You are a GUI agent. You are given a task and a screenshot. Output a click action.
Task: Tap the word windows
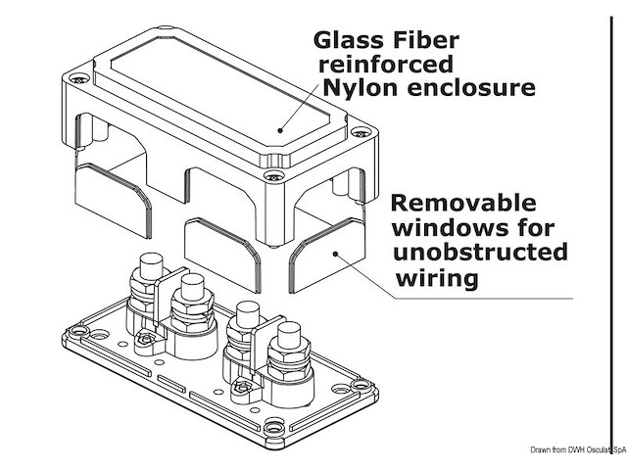click(x=437, y=229)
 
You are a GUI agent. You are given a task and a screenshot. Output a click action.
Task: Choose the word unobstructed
click(x=479, y=254)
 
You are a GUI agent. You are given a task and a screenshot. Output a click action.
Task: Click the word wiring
click(x=437, y=278)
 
